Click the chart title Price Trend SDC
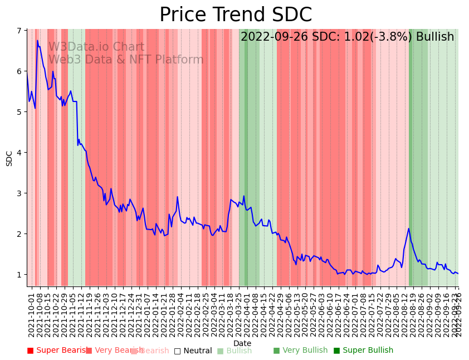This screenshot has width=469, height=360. [x=235, y=15]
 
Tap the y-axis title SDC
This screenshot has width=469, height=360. [x=9, y=158]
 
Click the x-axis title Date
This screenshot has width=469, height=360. [x=242, y=343]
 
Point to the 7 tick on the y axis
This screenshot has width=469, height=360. [x=21, y=31]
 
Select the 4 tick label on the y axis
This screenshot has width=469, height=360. [x=21, y=153]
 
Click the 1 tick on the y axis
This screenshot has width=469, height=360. [x=21, y=275]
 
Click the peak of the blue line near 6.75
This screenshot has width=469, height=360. [x=37, y=40]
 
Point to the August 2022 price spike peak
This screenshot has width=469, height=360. [x=409, y=228]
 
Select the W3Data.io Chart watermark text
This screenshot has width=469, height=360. [x=96, y=47]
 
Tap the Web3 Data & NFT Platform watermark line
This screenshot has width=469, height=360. [x=126, y=60]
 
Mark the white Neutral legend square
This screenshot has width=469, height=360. [x=177, y=351]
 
